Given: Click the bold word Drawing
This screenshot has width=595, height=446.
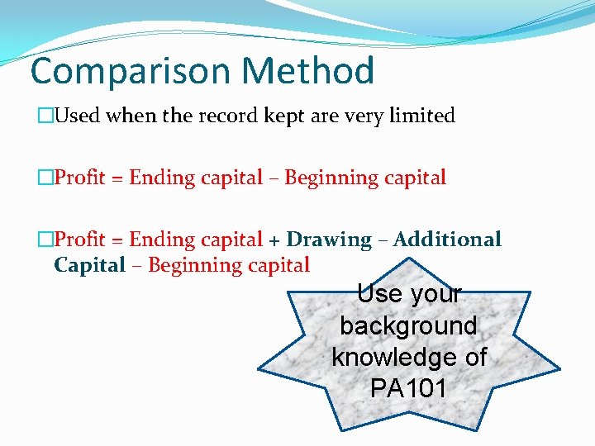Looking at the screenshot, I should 331,240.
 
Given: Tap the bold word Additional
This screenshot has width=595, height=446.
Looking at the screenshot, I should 447,240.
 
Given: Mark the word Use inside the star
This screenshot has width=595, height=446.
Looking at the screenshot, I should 380,294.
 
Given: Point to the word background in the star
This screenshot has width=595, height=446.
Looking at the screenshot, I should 408,325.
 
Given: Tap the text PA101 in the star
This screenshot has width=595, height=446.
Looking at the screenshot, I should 408,388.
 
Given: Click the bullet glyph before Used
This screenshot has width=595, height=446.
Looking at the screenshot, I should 45,116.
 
